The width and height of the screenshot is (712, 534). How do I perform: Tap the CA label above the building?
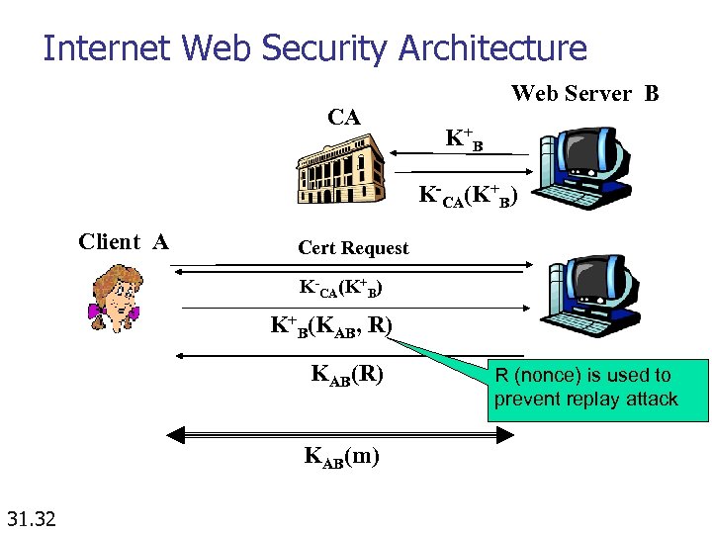(x=343, y=118)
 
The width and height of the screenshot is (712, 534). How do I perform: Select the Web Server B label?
(x=584, y=94)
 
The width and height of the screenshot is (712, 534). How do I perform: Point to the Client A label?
(x=123, y=242)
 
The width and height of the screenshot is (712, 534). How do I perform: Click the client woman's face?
(x=114, y=297)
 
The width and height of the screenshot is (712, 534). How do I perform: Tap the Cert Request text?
(x=353, y=248)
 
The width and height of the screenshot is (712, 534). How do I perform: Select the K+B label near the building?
(x=463, y=138)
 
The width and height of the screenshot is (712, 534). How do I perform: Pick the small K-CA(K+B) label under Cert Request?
(x=340, y=289)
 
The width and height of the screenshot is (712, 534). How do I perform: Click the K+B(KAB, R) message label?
(x=332, y=324)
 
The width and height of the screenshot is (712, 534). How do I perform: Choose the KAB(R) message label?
(x=347, y=374)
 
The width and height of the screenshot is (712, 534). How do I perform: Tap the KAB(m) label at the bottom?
(x=341, y=456)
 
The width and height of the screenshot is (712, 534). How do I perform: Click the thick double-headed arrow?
(x=341, y=433)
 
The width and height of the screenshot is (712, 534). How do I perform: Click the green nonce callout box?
(x=597, y=389)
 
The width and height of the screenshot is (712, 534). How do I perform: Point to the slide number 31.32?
(x=31, y=517)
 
